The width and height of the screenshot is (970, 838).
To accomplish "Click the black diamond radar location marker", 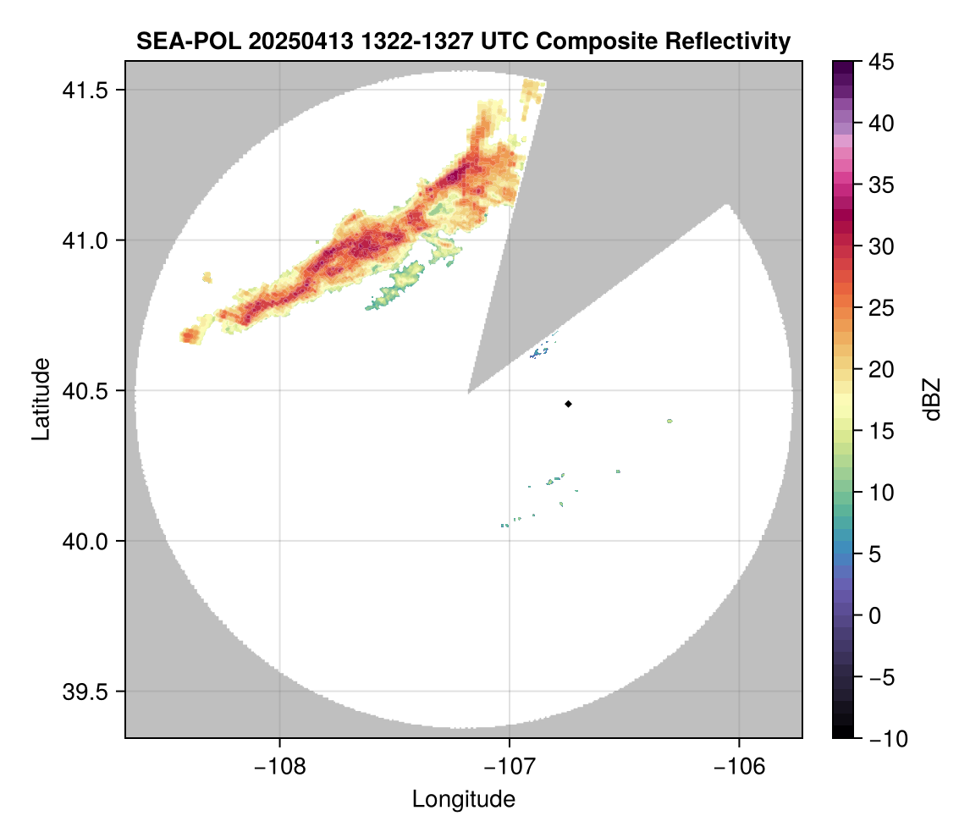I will coord(568,404).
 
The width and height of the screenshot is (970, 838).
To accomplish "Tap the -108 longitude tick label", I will coord(279,766).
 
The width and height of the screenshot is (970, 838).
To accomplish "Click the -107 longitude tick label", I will coord(510,766).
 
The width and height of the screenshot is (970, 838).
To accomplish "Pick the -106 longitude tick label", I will coord(740,766).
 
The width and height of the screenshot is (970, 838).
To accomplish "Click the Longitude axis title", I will coord(464,799).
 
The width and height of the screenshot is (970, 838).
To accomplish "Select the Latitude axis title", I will coord(41,399).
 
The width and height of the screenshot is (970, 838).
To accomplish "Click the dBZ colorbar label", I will coord(932,399).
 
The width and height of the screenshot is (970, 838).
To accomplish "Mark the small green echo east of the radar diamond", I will coord(670,421).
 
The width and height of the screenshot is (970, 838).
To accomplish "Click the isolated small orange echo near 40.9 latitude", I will coord(207,277).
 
